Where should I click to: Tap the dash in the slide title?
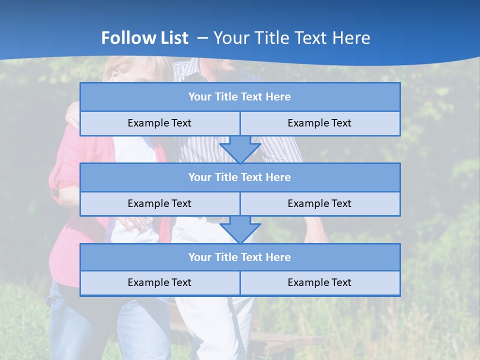click(203, 38)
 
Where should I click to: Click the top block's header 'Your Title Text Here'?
click(239, 97)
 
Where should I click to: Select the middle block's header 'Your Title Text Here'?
click(239, 177)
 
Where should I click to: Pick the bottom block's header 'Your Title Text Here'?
click(239, 257)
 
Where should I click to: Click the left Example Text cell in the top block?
click(159, 123)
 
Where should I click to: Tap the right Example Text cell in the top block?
click(319, 123)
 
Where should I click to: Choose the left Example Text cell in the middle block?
click(159, 203)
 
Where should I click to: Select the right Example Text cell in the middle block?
click(319, 203)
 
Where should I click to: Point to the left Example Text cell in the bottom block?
click(159, 282)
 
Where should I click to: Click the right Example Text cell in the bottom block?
click(319, 282)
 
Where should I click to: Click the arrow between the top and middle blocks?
click(240, 149)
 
